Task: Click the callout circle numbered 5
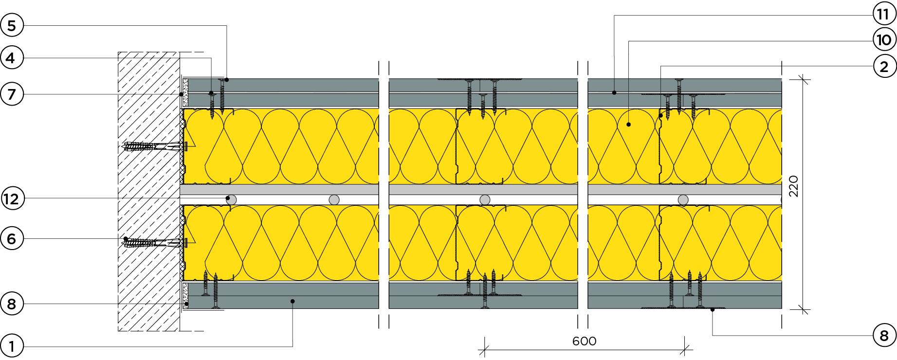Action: pyautogui.click(x=12, y=26)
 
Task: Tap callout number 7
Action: pyautogui.click(x=12, y=94)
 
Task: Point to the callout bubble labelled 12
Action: pyautogui.click(x=12, y=198)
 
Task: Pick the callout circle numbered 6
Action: pyautogui.click(x=12, y=239)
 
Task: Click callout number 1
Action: pyautogui.click(x=12, y=346)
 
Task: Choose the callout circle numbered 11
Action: pyautogui.click(x=883, y=14)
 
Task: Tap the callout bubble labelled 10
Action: pyautogui.click(x=884, y=39)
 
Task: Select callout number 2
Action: pyautogui.click(x=884, y=66)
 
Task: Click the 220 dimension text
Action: pyautogui.click(x=793, y=186)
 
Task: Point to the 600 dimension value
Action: pyautogui.click(x=584, y=341)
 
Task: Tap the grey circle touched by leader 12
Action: pyautogui.click(x=232, y=199)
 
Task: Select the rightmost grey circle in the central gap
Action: pyautogui.click(x=683, y=199)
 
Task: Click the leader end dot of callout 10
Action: pyautogui.click(x=628, y=125)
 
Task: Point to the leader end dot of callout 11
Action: pyautogui.click(x=614, y=92)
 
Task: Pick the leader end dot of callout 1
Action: pyautogui.click(x=293, y=301)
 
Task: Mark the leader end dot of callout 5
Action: pyautogui.click(x=227, y=79)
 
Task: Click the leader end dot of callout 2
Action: pyautogui.click(x=661, y=116)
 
